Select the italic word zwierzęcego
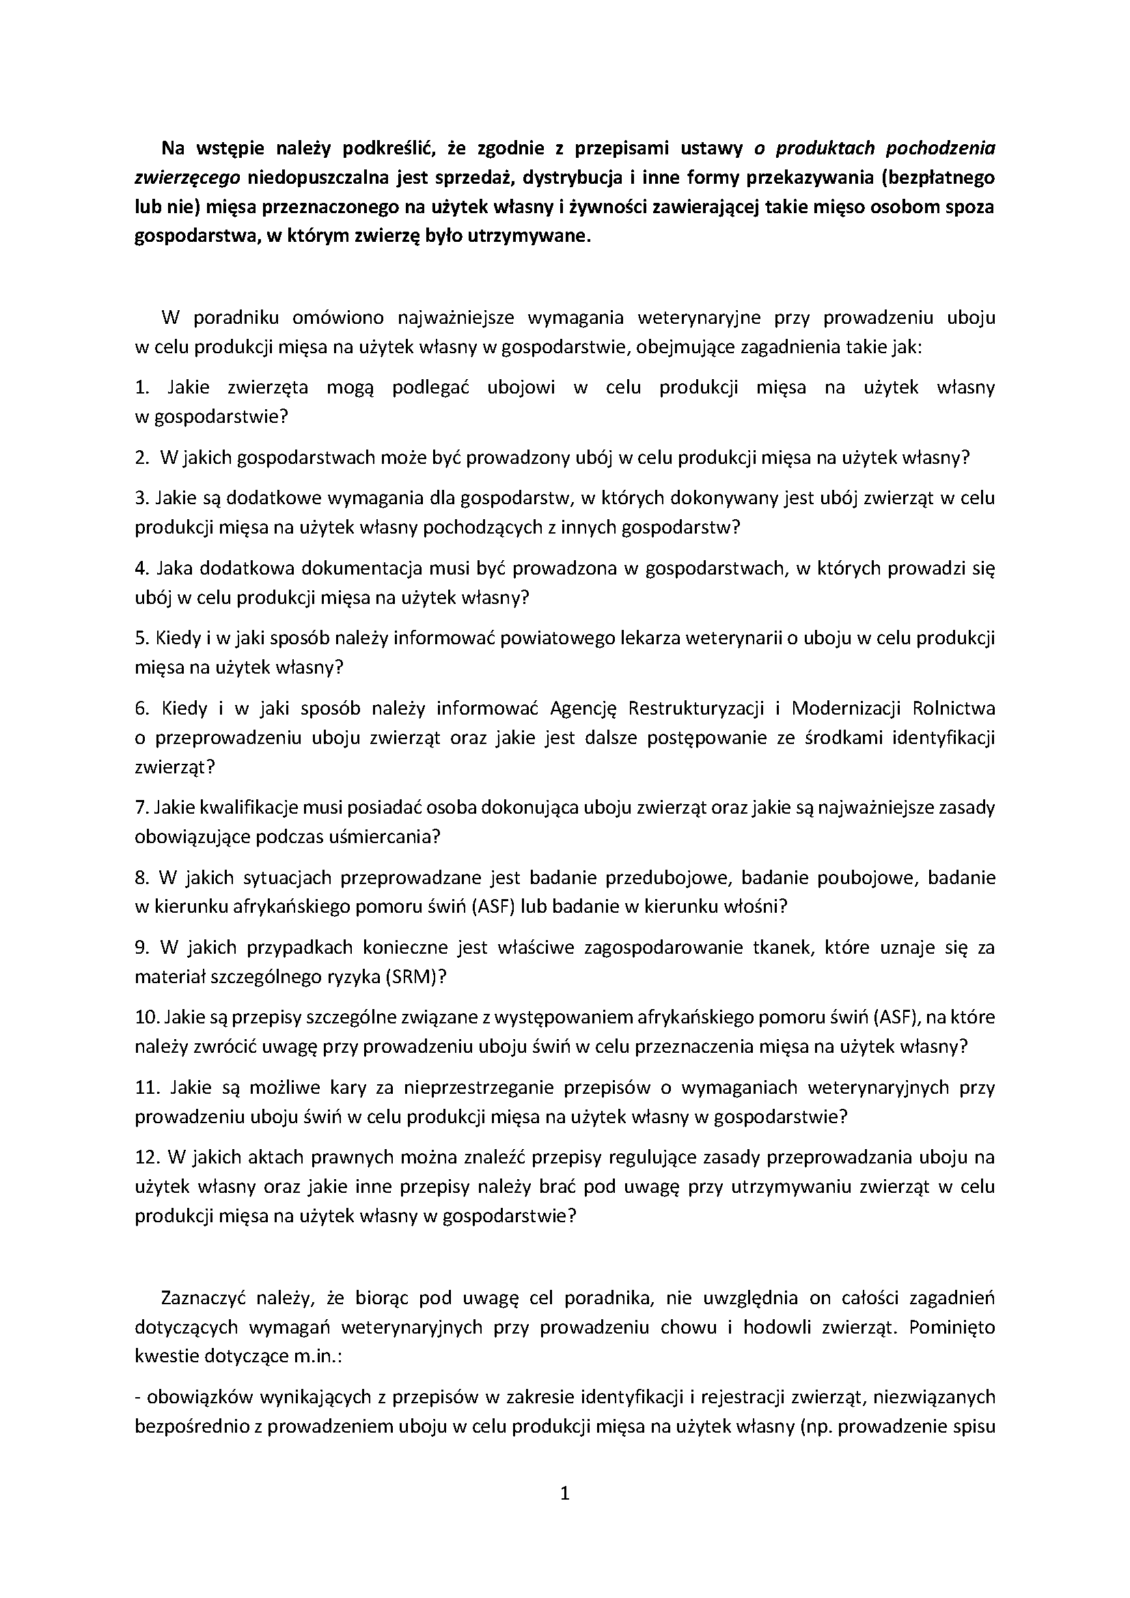187,178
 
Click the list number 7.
141,808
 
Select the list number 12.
148,1157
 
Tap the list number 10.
148,1017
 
